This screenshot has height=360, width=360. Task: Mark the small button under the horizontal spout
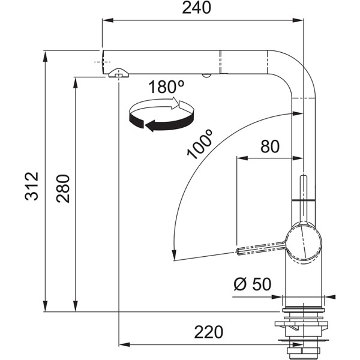pos(206,74)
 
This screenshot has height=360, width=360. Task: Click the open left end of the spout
pos(103,60)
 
